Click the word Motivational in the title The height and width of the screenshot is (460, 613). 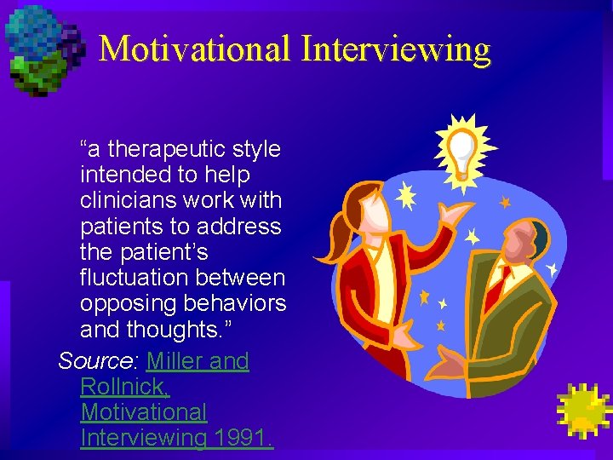195,49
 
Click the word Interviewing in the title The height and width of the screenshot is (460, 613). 395,49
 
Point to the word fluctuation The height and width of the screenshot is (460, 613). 135,279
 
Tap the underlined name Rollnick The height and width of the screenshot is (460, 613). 125,387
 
